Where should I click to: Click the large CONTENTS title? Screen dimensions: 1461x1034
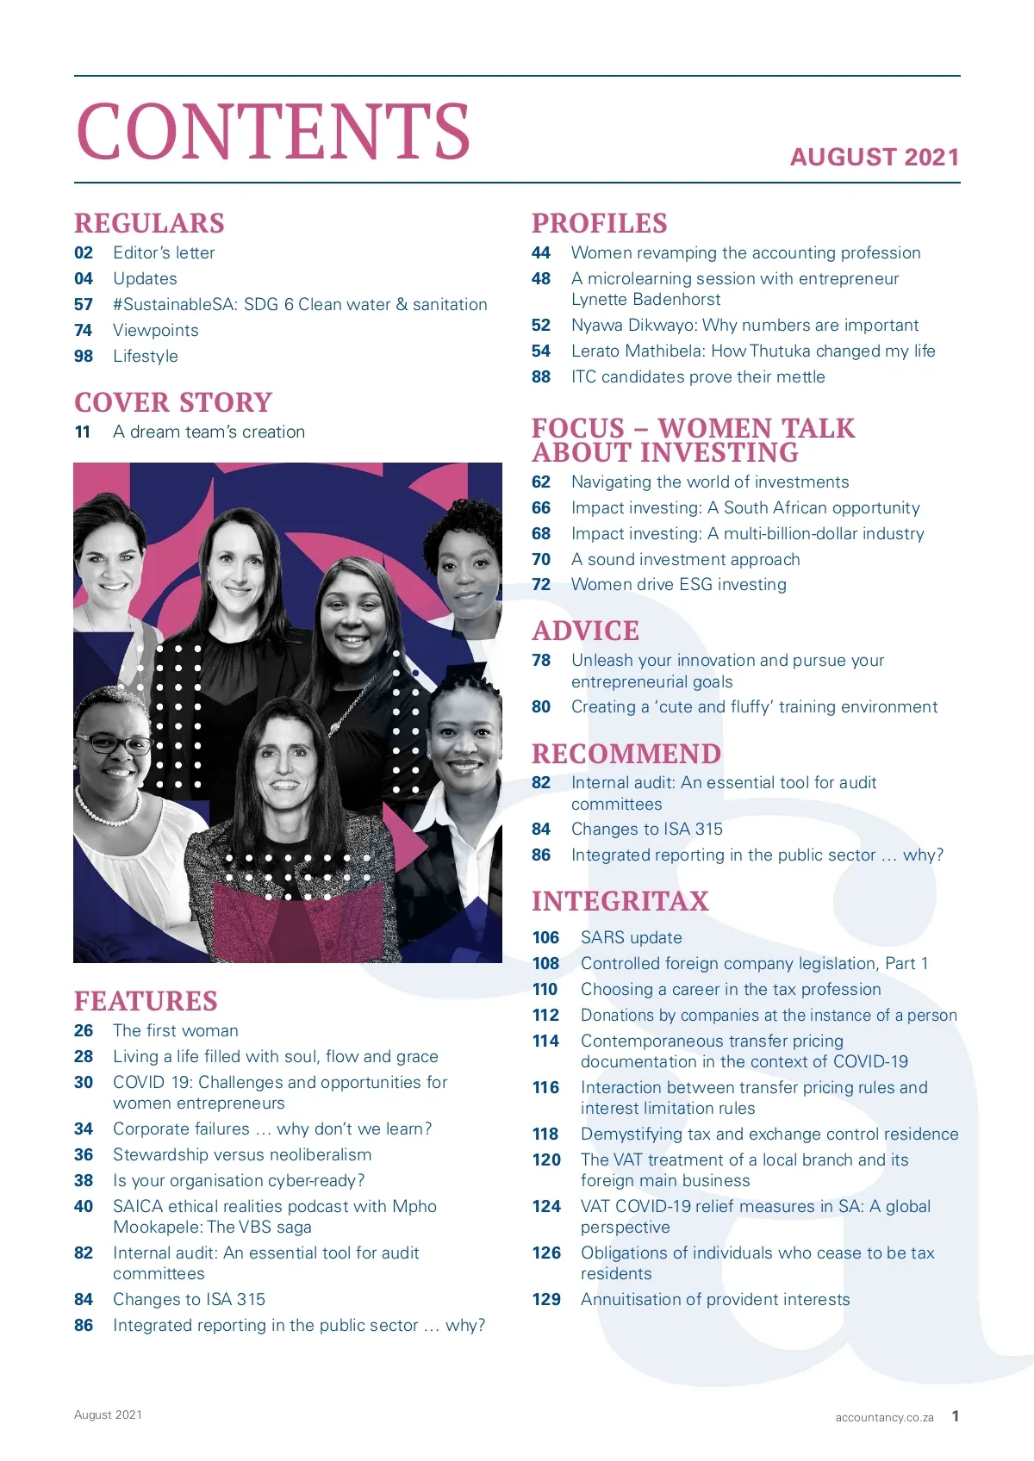[x=273, y=131]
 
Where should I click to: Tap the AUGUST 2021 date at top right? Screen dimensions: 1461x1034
[x=874, y=157]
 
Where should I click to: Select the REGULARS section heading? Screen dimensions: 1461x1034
[x=149, y=223]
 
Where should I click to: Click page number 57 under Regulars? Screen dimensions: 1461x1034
[x=84, y=304]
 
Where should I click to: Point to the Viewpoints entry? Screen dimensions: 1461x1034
[x=156, y=330]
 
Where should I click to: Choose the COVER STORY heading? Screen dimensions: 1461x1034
[x=173, y=402]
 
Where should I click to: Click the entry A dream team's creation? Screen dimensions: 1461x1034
[x=209, y=432]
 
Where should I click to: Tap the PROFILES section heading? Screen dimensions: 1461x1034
[x=599, y=223]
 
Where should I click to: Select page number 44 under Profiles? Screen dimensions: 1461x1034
[x=541, y=252]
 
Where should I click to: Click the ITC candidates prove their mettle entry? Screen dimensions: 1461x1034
[x=698, y=376]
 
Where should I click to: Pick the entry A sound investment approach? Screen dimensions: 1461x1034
[x=685, y=559]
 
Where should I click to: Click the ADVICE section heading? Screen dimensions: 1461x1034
[x=585, y=631]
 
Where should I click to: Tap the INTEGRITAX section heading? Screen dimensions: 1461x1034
[x=620, y=901]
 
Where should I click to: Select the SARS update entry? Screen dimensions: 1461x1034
[x=631, y=937]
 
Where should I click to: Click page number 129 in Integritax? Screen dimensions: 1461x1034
[x=546, y=1299]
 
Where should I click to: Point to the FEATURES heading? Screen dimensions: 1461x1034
[x=146, y=1001]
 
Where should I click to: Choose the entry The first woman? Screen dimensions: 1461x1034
[x=176, y=1030]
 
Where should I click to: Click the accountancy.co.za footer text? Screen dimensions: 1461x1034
[x=884, y=1417]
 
